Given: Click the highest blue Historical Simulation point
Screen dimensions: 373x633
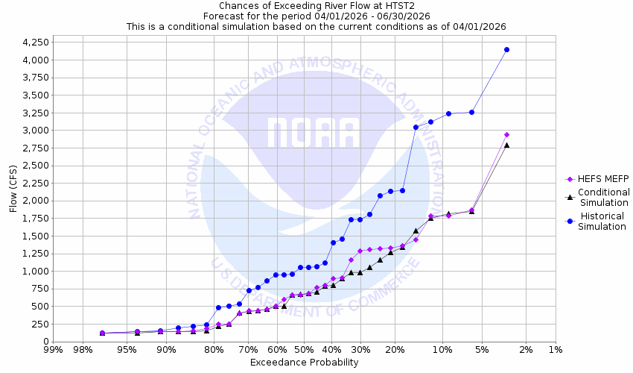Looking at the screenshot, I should pos(506,49).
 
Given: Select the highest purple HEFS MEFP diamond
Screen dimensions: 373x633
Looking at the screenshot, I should pos(506,134).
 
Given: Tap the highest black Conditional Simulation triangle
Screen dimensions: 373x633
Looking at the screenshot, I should pos(506,145).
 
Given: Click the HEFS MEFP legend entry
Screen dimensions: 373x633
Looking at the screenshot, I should pos(596,179).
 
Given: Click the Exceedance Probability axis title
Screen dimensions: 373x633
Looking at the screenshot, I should pos(304,363).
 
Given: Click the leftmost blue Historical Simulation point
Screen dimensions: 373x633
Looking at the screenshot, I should pos(102,333).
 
